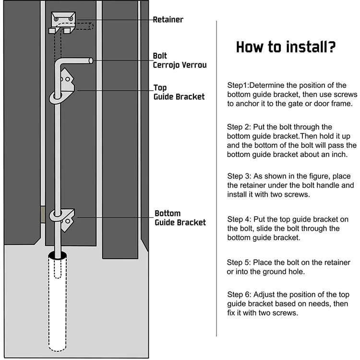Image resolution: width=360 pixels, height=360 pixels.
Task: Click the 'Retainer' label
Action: pos(168,20)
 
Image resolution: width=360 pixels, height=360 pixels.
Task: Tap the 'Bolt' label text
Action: pos(160,56)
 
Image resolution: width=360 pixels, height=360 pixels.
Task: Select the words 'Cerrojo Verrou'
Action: pos(180,65)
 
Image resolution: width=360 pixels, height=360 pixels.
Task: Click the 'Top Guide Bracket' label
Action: pos(179,92)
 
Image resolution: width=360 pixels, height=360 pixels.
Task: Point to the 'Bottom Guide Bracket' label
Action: pos(180,217)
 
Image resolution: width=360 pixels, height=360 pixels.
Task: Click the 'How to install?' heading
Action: pos(286,48)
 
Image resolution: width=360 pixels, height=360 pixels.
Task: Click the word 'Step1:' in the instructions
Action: pos(238,85)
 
